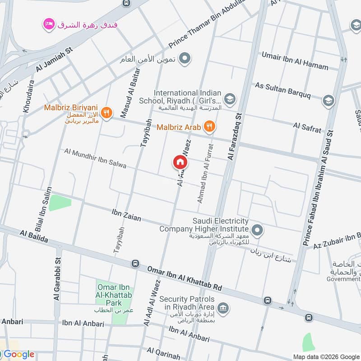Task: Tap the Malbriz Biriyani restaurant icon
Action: [106, 112]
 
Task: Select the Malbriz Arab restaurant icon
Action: [208, 127]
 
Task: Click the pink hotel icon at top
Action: [48, 23]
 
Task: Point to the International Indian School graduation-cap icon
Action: [230, 98]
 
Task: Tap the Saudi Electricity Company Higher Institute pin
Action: [257, 231]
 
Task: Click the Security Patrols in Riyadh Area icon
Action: [222, 309]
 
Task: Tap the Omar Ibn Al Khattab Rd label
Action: [185, 279]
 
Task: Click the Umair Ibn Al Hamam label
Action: [295, 60]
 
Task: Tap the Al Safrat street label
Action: [307, 127]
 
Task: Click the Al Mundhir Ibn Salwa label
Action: [95, 159]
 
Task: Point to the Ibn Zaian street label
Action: [126, 215]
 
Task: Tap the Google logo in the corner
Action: [18, 354]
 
